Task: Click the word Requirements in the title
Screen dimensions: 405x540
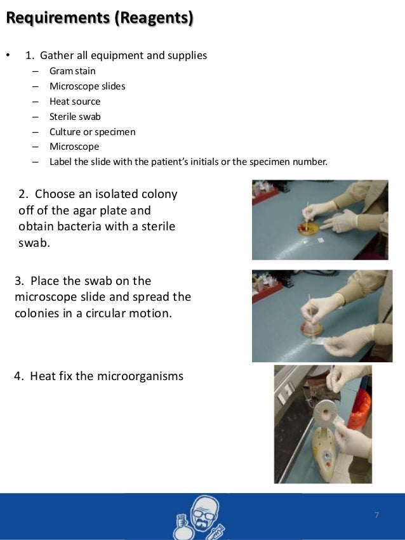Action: [x=58, y=18]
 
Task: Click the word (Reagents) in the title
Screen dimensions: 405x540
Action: [x=154, y=18]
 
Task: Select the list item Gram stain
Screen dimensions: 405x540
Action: [x=72, y=71]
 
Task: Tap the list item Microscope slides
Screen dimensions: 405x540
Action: [x=87, y=86]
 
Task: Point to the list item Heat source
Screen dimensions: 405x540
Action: [x=75, y=102]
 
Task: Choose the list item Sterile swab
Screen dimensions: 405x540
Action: [x=75, y=116]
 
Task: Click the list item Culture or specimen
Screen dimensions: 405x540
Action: [x=92, y=132]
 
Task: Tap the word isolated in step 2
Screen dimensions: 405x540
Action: [x=116, y=194]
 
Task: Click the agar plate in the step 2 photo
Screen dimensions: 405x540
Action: [x=309, y=228]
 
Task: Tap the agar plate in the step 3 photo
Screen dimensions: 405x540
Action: [x=312, y=329]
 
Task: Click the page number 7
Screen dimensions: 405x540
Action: [x=376, y=515]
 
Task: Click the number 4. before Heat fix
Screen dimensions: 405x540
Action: [x=19, y=376]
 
